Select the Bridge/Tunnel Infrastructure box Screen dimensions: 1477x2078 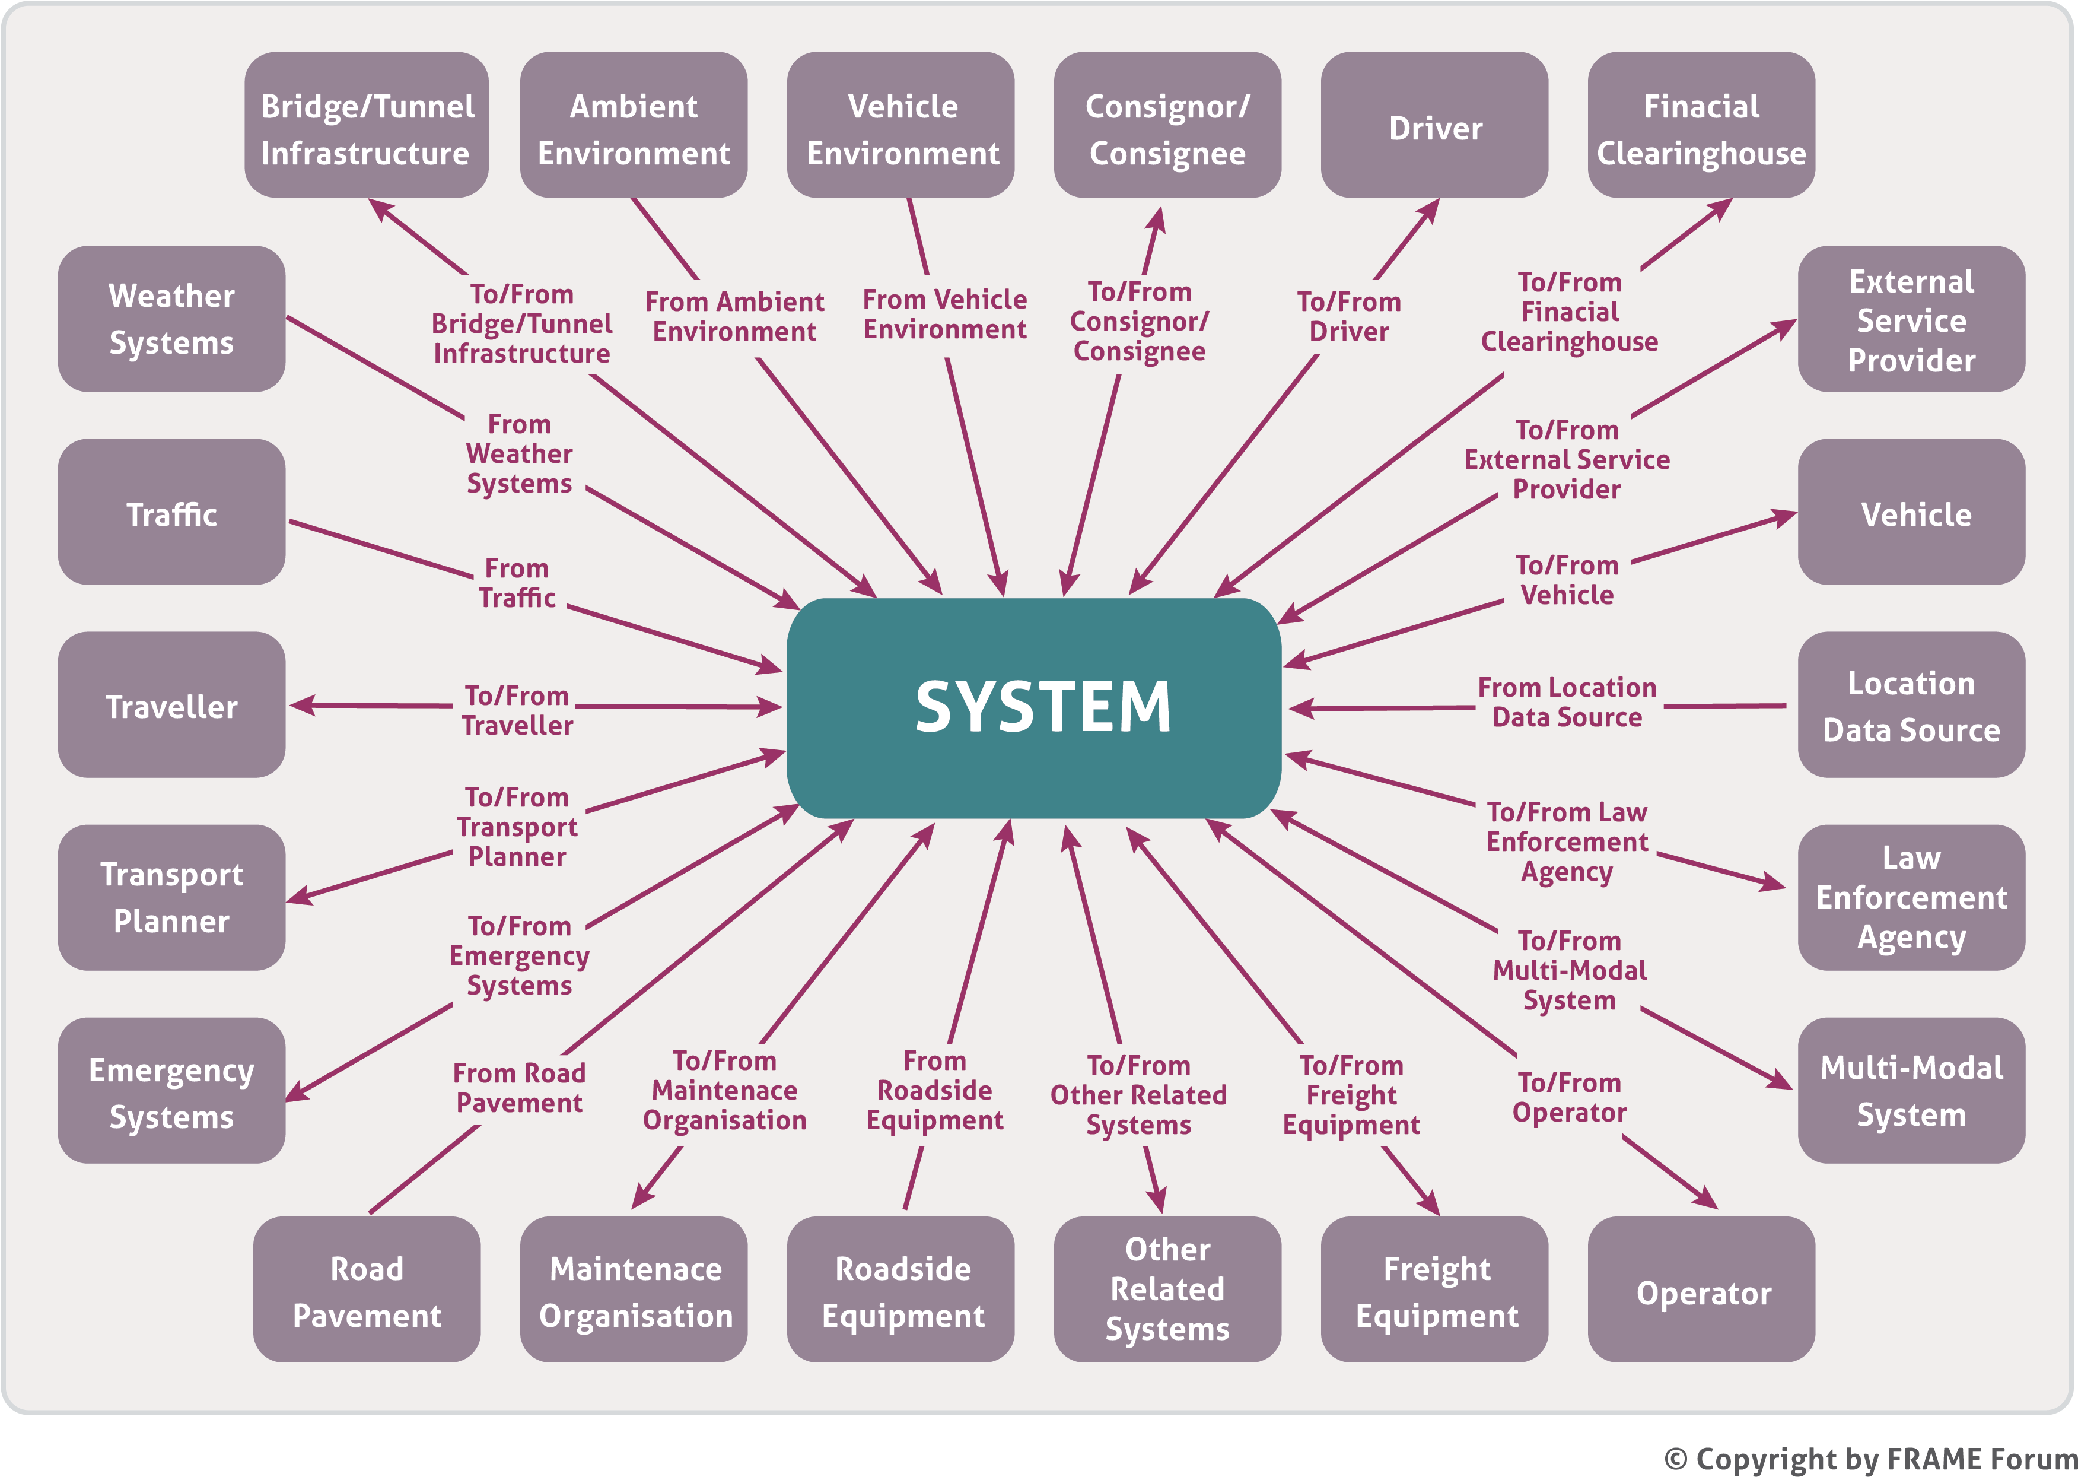[x=367, y=126]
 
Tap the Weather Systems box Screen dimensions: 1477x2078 [x=172, y=319]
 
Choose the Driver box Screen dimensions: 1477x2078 [x=1434, y=126]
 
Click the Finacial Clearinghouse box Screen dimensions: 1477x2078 [x=1701, y=126]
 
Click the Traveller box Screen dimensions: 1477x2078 [x=172, y=705]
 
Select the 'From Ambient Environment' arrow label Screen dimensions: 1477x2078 [x=734, y=316]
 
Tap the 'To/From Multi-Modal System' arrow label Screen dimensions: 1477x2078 [x=1569, y=970]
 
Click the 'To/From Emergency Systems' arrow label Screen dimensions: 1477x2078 [x=519, y=955]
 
